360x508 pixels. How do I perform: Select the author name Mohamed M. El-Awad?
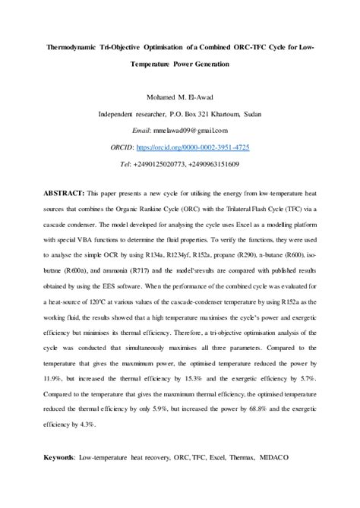[179, 97]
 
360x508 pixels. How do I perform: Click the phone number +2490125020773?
[163, 164]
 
